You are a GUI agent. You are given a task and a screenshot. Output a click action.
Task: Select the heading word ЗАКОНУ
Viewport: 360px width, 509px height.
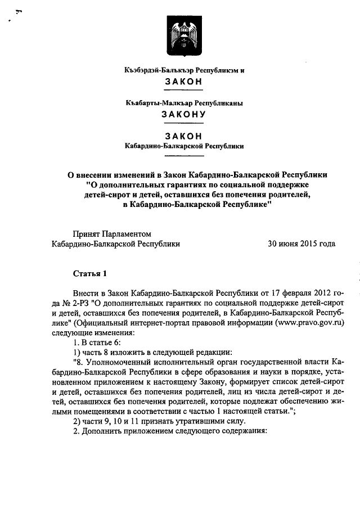(x=183, y=114)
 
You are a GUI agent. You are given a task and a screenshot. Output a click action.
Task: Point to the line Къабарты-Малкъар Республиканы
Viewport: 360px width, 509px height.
(x=183, y=103)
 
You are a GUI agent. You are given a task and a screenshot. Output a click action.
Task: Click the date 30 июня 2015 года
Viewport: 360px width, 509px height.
(x=301, y=244)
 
